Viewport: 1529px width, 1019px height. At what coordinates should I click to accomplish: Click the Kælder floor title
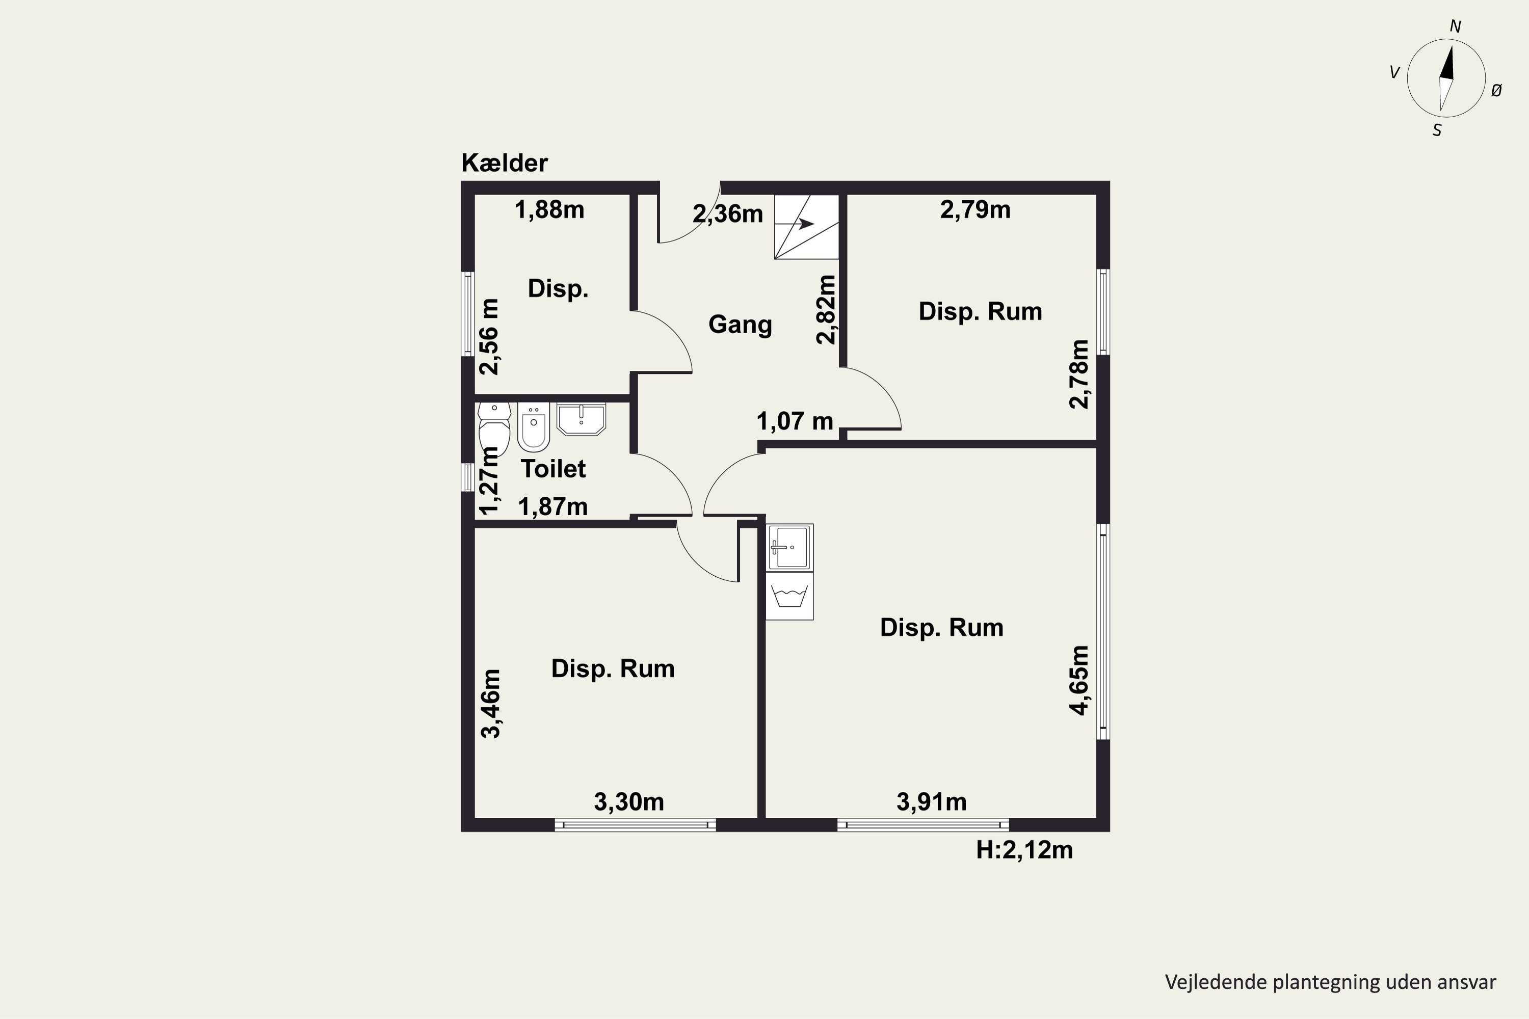[505, 163]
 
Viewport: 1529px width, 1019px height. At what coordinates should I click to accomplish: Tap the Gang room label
[740, 324]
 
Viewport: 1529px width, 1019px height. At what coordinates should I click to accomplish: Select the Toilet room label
[553, 469]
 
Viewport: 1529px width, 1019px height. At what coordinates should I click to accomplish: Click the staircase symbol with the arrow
[806, 227]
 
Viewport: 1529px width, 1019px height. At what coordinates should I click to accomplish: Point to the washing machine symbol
[789, 596]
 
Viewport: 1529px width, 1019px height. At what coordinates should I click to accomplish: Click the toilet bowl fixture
[494, 429]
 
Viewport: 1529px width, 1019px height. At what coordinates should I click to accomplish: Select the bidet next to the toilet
[534, 427]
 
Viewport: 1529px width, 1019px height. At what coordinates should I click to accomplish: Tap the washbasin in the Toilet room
[581, 418]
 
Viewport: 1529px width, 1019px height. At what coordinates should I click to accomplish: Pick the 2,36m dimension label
[727, 214]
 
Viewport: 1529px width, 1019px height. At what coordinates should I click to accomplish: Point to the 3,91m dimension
[932, 802]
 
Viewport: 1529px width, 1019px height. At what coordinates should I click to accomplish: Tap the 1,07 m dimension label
[795, 421]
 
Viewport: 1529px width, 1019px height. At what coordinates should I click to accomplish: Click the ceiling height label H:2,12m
[1024, 850]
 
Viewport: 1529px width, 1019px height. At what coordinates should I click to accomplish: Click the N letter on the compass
[1456, 26]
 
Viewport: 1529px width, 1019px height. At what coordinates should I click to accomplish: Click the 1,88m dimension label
[549, 210]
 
